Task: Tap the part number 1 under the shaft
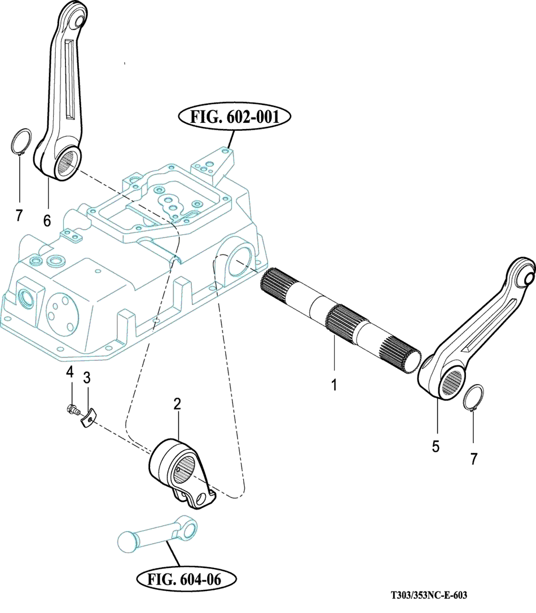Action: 334,385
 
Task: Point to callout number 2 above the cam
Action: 177,403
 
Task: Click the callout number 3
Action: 87,377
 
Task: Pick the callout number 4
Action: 70,372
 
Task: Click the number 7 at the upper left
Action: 19,215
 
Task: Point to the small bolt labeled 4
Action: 72,409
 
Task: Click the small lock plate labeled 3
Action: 87,418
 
